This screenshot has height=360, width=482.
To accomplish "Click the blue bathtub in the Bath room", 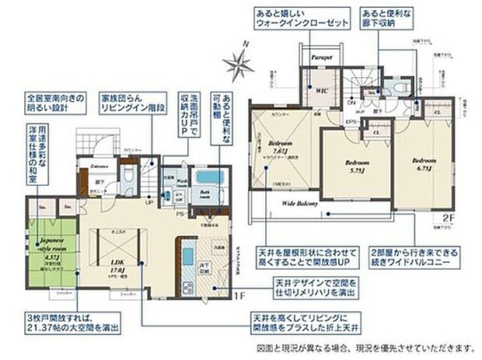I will point(208,177).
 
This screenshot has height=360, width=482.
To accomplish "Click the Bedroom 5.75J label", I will point(357,166).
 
